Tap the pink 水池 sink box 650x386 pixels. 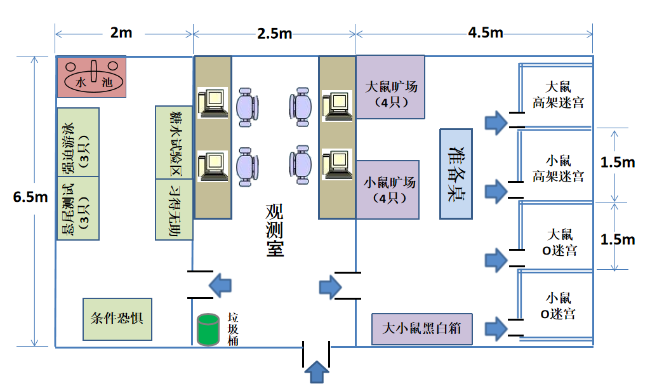pyautogui.click(x=91, y=76)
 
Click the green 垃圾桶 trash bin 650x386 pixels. pyautogui.click(x=207, y=329)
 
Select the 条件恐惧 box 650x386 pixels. pyautogui.click(x=117, y=318)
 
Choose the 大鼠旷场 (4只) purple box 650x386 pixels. pyautogui.click(x=390, y=87)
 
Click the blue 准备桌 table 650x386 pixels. pyautogui.click(x=456, y=173)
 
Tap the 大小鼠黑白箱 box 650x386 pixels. pyautogui.click(x=422, y=329)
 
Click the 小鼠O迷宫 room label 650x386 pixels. pyautogui.click(x=559, y=305)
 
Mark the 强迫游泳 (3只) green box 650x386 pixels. pyautogui.click(x=78, y=142)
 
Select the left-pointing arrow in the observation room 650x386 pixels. pyautogui.click(x=222, y=286)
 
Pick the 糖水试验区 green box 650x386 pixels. pyautogui.click(x=174, y=142)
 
